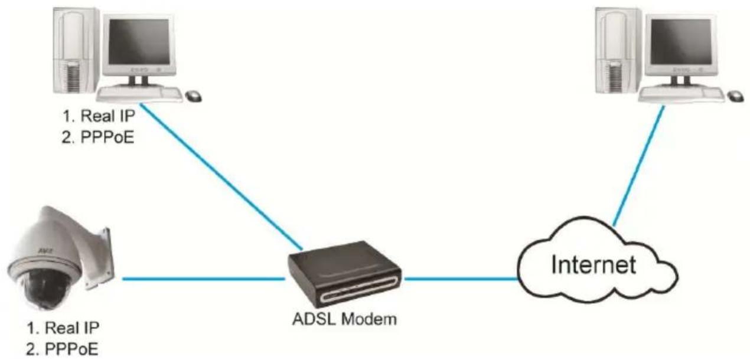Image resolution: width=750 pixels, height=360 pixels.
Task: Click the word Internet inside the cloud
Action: [x=594, y=264]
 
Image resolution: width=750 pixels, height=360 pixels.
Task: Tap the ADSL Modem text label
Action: [x=344, y=319]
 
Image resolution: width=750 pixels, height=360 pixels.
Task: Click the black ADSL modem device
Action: [x=344, y=274]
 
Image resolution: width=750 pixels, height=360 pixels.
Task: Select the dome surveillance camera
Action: [x=61, y=258]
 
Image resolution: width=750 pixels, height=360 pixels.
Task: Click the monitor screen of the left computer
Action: [x=139, y=42]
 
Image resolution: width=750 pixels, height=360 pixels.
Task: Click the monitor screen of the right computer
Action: [x=680, y=42]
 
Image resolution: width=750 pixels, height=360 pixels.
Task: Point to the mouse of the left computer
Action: [x=194, y=96]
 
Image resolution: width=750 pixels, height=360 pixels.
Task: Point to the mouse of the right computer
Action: [x=735, y=96]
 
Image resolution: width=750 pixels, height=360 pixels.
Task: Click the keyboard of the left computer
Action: [x=140, y=94]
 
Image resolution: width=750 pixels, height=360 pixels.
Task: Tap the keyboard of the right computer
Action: [x=681, y=94]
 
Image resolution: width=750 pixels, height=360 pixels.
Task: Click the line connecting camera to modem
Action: [x=204, y=279]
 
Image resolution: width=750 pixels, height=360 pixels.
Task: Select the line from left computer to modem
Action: [x=221, y=177]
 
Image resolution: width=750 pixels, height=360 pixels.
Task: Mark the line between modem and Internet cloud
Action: [x=461, y=279]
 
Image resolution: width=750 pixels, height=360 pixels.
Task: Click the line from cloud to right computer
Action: [x=638, y=166]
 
